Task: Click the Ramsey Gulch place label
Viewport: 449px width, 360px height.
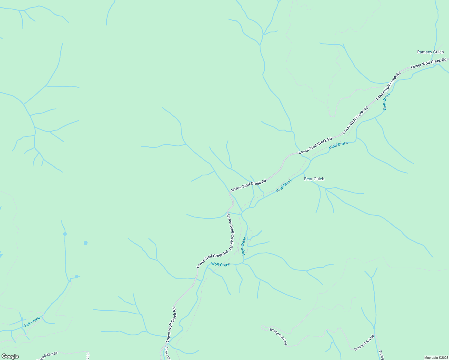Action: click(430, 52)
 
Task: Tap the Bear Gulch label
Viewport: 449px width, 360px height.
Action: click(314, 179)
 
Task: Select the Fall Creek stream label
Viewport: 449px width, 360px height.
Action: click(32, 322)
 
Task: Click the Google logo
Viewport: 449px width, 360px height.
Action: click(10, 356)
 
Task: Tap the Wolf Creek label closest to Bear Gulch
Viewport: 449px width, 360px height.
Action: click(284, 185)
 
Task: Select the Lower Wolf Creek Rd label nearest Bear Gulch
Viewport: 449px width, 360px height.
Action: click(315, 145)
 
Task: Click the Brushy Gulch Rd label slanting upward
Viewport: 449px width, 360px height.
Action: click(364, 343)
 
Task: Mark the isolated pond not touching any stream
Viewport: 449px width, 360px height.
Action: click(86, 243)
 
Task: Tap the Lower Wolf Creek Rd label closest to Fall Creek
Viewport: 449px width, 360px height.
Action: click(170, 325)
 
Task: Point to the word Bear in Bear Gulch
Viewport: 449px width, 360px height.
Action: click(309, 179)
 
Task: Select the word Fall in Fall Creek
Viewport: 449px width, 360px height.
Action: click(28, 324)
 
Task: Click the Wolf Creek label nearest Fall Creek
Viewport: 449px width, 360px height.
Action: click(221, 265)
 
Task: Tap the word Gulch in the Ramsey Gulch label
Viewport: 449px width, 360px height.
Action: click(438, 52)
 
